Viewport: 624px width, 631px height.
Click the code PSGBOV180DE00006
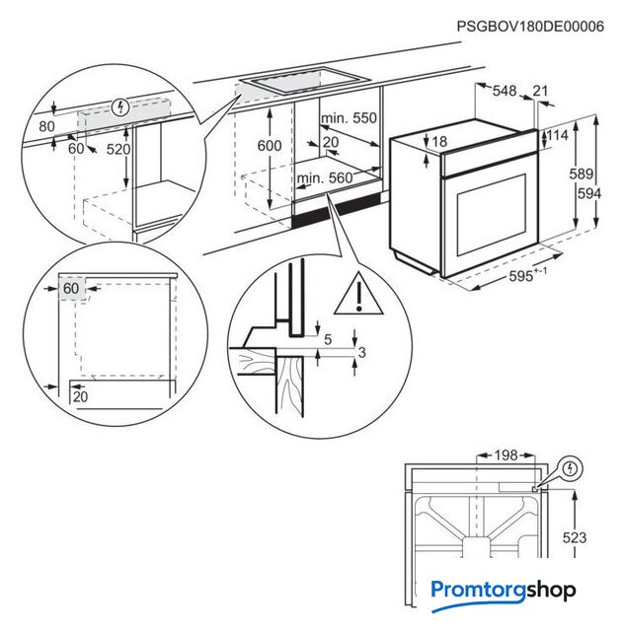click(530, 27)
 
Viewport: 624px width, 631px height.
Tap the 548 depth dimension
click(505, 91)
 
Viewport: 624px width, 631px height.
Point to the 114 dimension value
click(558, 135)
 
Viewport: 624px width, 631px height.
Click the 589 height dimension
click(583, 175)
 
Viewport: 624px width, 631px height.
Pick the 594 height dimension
click(589, 194)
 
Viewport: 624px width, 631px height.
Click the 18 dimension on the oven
click(439, 142)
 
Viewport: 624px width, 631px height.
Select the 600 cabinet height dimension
click(270, 144)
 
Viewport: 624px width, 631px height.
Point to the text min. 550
click(350, 118)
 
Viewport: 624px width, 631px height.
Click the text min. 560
click(324, 177)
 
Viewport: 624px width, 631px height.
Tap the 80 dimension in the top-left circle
click(47, 126)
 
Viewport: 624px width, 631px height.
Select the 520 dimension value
click(117, 149)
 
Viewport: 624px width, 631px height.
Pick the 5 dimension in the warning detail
click(327, 340)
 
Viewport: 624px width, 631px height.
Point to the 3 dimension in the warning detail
click(362, 352)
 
